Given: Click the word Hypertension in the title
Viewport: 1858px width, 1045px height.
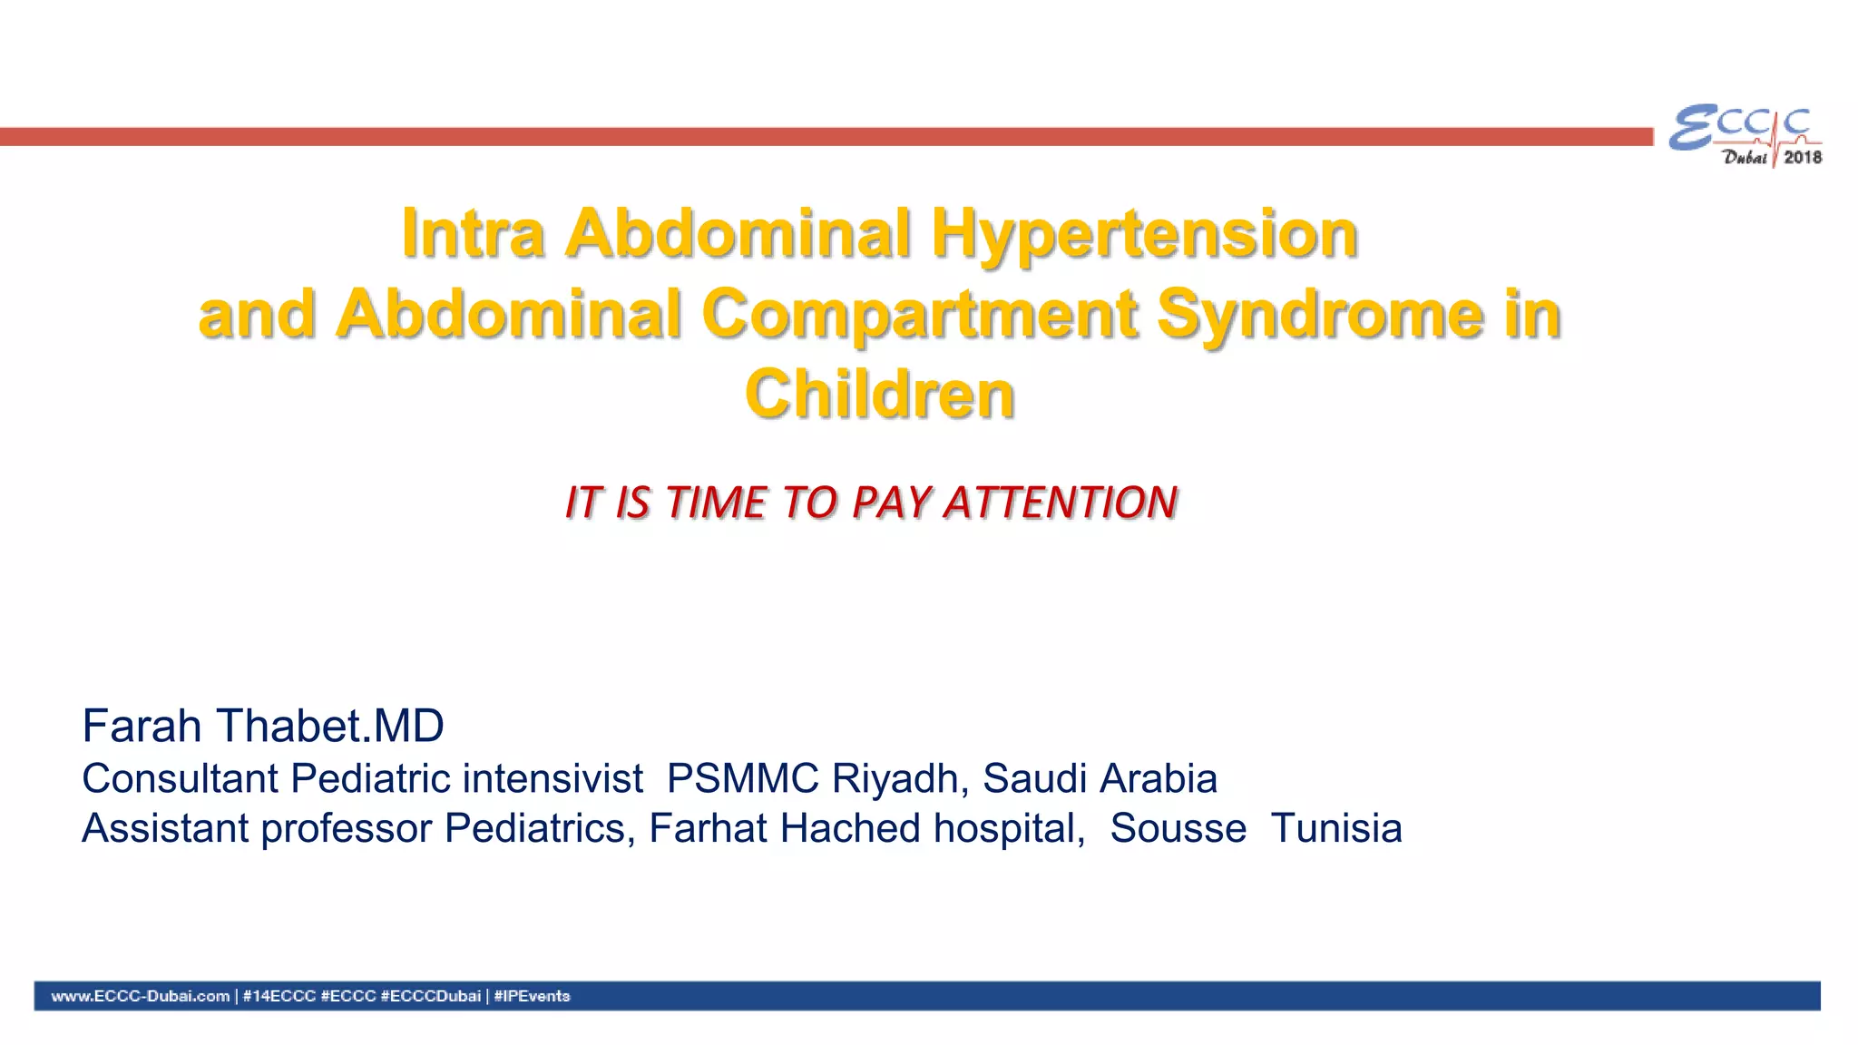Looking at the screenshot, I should coord(1144,234).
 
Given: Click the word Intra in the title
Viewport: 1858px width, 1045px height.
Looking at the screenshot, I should coord(473,234).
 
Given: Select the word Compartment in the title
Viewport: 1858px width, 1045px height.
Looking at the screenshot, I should coord(919,314).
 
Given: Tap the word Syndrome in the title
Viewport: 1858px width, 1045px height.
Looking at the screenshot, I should coord(1320,314).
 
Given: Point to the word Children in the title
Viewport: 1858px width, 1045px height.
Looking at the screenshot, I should coord(879,395).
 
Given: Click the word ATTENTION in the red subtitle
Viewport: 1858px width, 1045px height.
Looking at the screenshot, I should coord(1061,503).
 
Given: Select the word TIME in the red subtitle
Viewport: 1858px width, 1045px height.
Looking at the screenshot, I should coord(716,503).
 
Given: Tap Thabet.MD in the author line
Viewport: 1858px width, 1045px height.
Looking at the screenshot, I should coord(329,726).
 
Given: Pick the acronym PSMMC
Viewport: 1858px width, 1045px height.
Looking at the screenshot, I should coord(743,778).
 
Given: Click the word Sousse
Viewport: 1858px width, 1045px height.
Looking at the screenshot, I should coord(1178,828).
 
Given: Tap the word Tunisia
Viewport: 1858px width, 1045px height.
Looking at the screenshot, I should coord(1335,828).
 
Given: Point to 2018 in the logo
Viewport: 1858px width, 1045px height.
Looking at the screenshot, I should coord(1802,158).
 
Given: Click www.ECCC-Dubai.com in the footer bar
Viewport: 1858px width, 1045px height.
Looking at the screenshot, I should coord(141,996).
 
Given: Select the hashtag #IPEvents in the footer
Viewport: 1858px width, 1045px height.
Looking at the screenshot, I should coord(532,996).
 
